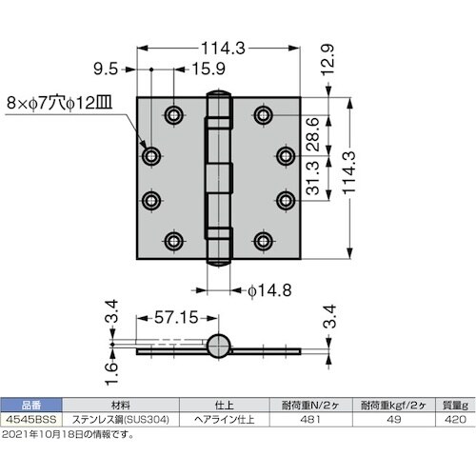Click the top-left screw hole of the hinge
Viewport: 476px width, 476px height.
(x=174, y=116)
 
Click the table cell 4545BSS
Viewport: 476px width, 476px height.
(x=30, y=417)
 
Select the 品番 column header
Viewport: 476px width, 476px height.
(x=30, y=404)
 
